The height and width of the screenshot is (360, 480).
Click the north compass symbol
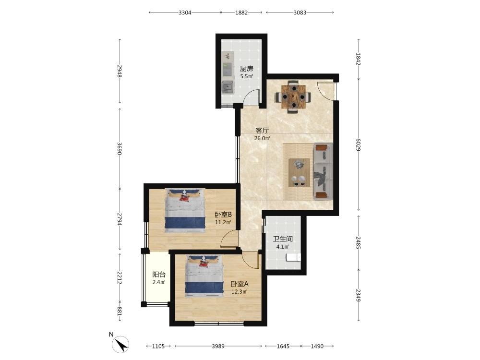120,344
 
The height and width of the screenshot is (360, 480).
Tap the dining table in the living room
294,97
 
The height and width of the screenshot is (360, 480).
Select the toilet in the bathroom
293,258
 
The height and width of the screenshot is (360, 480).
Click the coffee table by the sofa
299,172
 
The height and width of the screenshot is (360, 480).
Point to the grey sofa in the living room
323,171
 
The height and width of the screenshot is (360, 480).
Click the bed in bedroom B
185,210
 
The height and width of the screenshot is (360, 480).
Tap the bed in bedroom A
204,276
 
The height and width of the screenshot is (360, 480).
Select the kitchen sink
228,87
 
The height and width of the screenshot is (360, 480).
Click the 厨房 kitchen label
246,69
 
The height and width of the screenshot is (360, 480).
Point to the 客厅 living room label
263,131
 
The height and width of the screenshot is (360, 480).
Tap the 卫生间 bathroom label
283,239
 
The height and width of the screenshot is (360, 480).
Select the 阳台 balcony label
159,274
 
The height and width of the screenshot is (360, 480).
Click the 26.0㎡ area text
262,138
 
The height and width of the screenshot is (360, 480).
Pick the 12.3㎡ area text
240,292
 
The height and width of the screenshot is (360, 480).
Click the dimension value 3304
185,12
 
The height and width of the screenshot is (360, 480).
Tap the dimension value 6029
359,145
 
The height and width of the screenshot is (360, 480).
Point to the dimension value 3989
218,346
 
